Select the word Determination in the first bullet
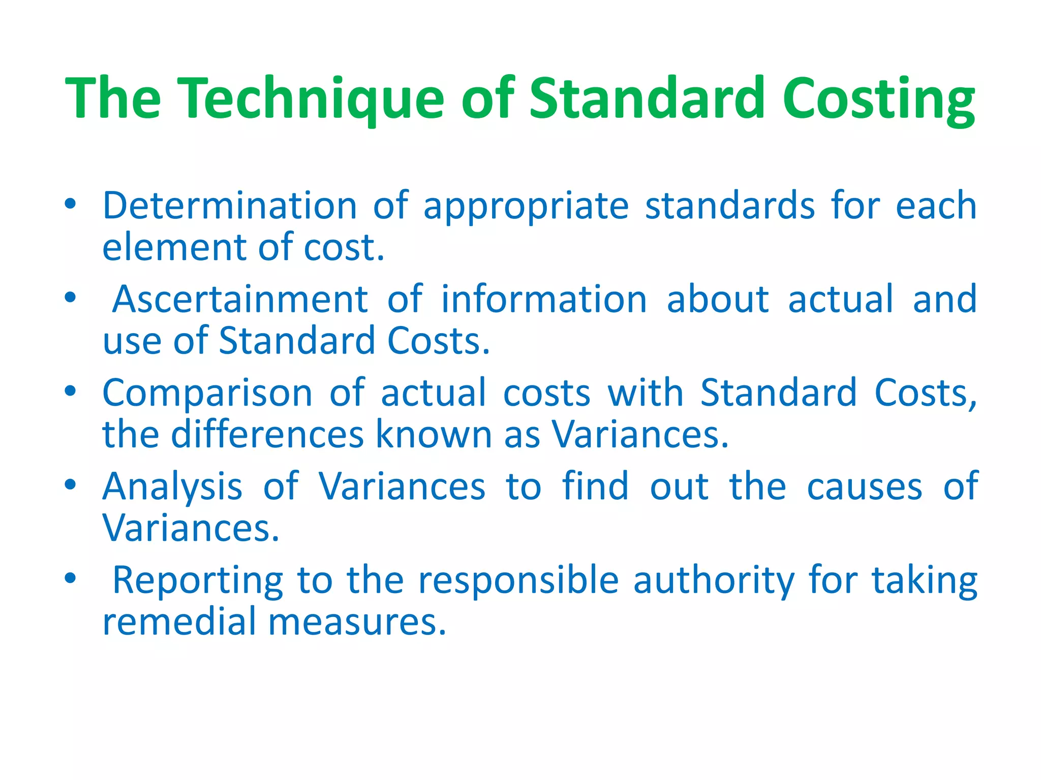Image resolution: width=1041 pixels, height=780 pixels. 230,205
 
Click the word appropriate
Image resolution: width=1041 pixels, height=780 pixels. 526,206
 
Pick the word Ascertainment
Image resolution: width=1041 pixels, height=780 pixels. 240,299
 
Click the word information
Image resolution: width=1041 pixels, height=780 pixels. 544,299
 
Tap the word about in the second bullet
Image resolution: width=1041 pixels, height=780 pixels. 718,299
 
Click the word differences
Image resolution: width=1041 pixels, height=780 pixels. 267,435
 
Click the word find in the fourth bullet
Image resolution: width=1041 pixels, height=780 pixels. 595,486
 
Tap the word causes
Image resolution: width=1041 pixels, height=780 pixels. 864,487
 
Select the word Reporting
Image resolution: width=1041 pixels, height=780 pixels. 197,580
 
